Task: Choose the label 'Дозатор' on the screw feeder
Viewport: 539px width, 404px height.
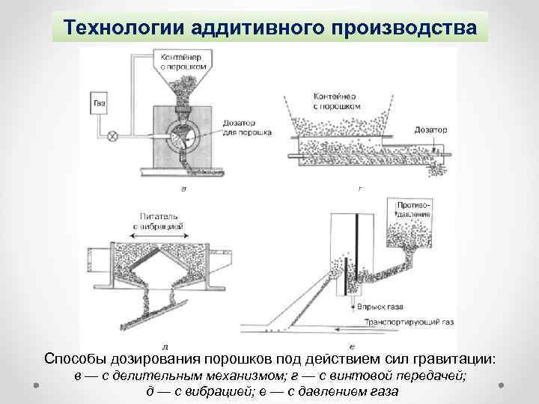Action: [430, 129]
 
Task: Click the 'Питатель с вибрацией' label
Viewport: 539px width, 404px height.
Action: [159, 220]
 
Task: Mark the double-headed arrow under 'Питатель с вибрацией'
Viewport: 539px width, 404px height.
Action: [159, 233]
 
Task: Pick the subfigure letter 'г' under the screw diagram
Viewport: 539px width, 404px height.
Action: [359, 190]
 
